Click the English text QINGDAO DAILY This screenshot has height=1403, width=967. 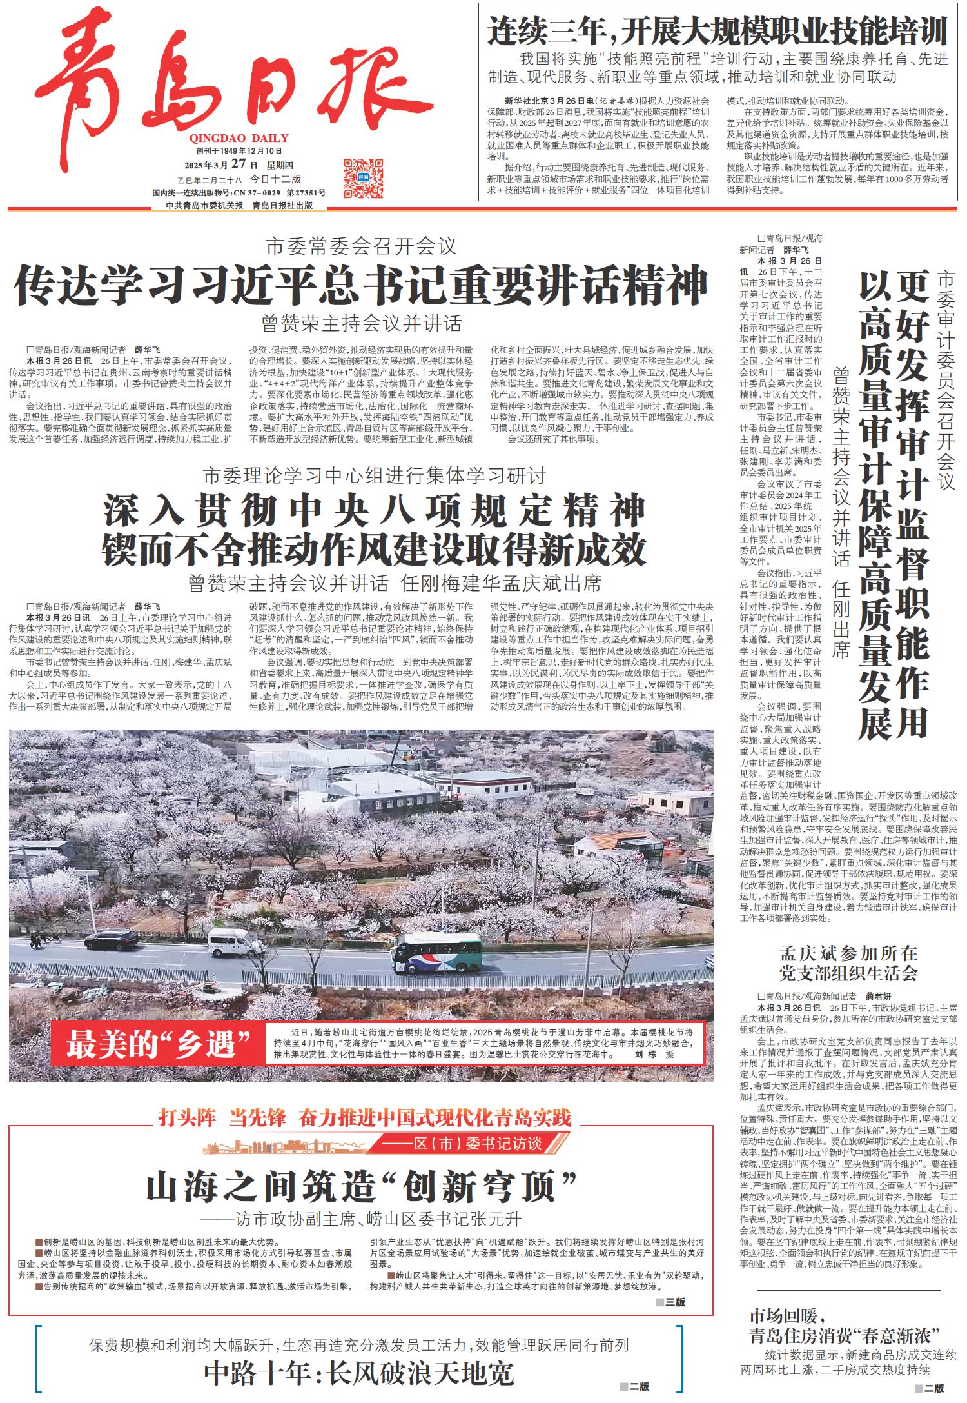[239, 138]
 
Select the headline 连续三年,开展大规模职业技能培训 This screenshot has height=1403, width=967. [718, 31]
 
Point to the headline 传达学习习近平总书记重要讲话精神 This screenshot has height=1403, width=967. [361, 284]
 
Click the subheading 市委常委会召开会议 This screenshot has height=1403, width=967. [361, 246]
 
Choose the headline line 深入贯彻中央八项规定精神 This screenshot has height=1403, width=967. [374, 510]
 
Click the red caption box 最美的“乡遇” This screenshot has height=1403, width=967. [159, 1044]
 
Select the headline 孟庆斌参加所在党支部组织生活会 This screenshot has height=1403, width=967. [848, 963]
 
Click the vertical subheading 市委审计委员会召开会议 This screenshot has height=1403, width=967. [946, 381]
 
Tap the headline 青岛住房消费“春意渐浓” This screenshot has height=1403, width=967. [846, 1335]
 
